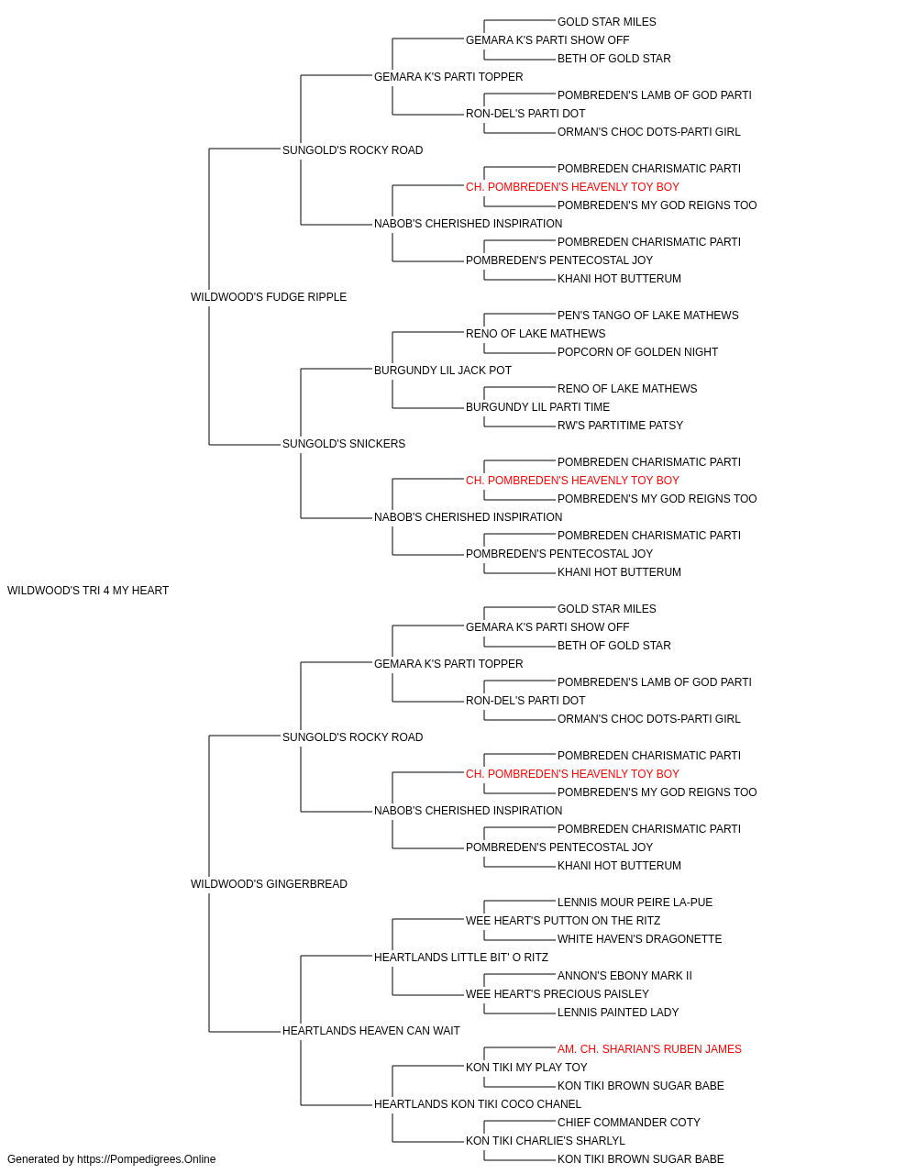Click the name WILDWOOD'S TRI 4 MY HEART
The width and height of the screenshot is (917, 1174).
click(x=88, y=591)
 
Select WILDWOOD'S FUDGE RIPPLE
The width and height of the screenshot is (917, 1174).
click(x=269, y=297)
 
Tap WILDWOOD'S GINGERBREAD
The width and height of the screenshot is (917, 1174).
click(x=269, y=884)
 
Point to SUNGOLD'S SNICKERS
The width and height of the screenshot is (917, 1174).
click(x=344, y=444)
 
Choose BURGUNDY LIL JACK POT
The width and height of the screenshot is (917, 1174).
click(x=442, y=370)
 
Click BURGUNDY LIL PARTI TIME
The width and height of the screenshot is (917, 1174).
click(x=537, y=407)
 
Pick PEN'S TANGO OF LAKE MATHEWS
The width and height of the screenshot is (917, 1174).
click(x=647, y=315)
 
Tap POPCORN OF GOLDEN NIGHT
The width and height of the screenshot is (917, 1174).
click(x=637, y=351)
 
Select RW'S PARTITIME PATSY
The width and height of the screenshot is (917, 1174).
click(x=620, y=426)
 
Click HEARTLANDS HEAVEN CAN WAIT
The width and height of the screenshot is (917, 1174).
click(x=371, y=1031)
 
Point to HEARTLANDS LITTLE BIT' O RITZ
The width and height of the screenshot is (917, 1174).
click(x=461, y=958)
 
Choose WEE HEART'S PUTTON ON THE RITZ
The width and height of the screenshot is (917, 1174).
click(x=563, y=921)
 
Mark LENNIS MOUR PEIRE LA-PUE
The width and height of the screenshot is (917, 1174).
click(x=635, y=903)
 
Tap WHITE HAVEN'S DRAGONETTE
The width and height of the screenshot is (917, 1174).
click(x=639, y=939)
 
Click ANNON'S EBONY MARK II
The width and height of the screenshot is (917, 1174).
click(x=624, y=976)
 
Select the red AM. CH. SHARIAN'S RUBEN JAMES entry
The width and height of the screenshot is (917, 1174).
click(x=649, y=1049)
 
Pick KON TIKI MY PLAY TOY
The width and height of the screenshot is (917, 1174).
click(x=526, y=1068)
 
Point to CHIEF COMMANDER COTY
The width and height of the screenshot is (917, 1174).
click(x=629, y=1123)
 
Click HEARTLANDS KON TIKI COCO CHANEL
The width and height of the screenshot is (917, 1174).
click(x=478, y=1104)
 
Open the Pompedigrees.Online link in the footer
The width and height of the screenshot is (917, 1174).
click(x=146, y=1159)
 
